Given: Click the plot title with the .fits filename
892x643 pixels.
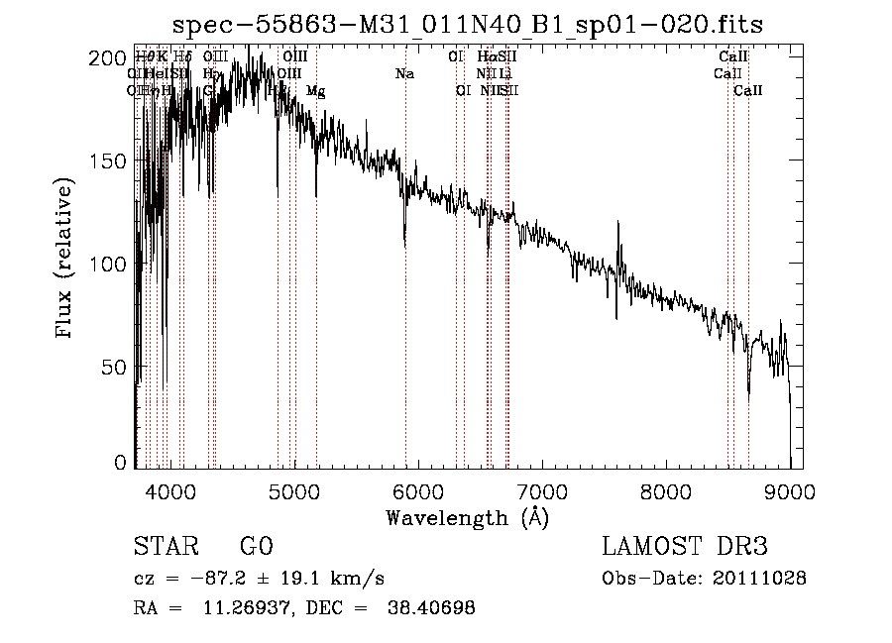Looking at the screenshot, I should pos(467,25).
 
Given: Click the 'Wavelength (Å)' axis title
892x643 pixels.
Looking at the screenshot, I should pos(467,517).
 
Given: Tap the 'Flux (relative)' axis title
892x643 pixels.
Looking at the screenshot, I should pos(66,260).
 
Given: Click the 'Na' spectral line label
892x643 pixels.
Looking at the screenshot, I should pos(404,73).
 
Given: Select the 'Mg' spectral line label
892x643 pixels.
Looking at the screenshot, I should pos(315,91).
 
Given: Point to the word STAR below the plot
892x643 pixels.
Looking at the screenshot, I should pos(166,548).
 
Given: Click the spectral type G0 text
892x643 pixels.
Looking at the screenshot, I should pos(256,548).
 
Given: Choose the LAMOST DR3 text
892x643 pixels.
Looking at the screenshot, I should pos(683,548).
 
